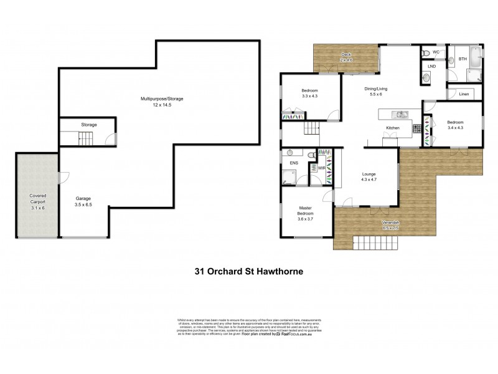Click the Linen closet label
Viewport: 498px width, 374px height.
pyautogui.click(x=464, y=94)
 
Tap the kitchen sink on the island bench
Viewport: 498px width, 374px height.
pyautogui.click(x=398, y=115)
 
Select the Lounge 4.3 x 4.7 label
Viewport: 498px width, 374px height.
pyautogui.click(x=368, y=178)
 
